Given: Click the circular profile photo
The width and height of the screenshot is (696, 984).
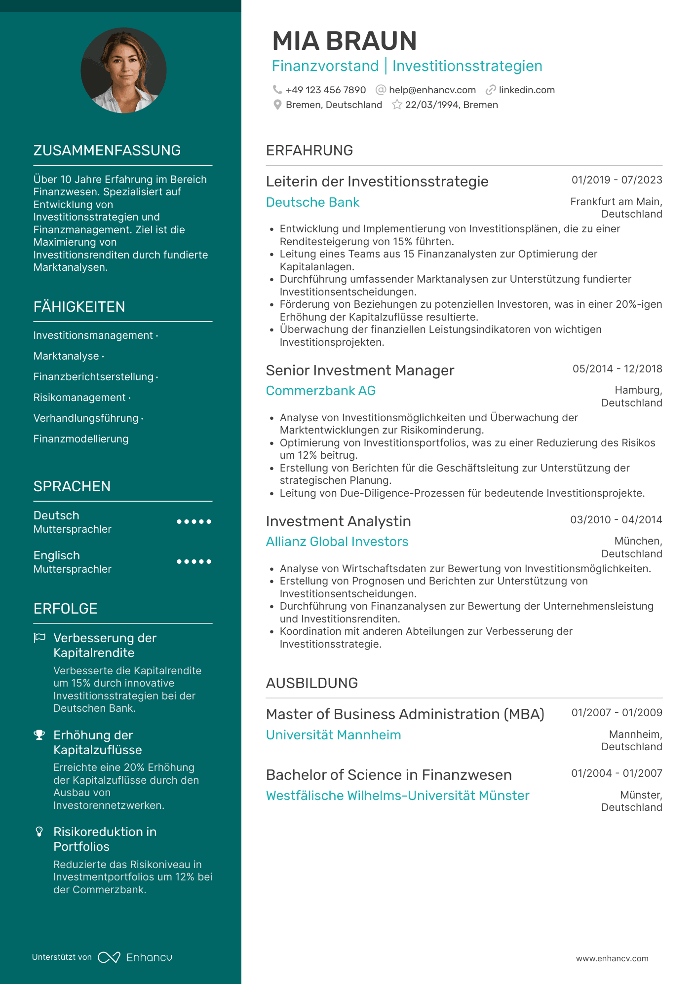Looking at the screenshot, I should pos(123,70).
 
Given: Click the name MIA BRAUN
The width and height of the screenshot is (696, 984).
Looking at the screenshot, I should pos(344,41).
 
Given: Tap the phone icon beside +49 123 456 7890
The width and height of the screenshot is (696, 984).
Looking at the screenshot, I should pos(277,89).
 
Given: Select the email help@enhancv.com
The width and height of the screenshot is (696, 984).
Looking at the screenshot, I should pos(432,90).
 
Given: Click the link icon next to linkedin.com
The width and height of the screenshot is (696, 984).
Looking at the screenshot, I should pos(490,90).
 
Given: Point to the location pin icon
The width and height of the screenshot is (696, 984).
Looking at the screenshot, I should pos(277,105).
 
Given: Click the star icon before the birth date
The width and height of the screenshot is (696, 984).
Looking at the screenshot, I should pos(396,105).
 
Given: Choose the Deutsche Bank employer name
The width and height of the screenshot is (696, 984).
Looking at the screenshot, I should pos(312,202).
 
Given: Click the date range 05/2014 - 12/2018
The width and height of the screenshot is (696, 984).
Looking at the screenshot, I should pos(617,369).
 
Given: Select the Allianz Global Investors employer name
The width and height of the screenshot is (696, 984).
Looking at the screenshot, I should pos(337,542).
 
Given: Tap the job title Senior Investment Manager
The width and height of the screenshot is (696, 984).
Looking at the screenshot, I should pos(360,370).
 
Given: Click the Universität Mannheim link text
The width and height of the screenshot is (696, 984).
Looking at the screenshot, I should pos(333,735).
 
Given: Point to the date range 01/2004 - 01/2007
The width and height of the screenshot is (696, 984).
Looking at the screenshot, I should pos(617,773).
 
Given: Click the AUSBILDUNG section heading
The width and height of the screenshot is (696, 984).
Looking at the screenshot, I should pos(311,683).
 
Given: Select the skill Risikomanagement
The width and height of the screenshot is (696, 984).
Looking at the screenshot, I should pos(79,398).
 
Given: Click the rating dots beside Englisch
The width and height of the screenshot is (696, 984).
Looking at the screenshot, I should pos(194,562).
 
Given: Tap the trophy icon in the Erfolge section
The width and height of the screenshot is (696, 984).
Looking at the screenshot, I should pos(39,735).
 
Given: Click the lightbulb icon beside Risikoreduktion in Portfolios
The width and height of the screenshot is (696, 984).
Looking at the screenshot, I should pos(39,832).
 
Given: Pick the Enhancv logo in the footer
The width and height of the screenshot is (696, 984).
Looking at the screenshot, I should pos(135,957).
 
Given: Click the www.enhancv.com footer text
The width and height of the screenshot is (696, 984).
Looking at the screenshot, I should pos(612,958).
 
